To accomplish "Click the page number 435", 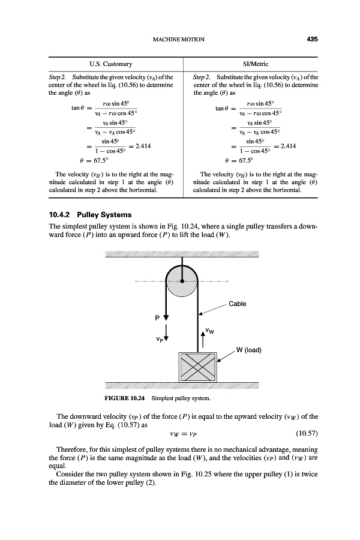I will [311, 40].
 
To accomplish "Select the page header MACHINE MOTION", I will [179, 40].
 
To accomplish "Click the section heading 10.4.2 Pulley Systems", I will [90, 214].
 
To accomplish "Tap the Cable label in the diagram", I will [238, 304].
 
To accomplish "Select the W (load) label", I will [250, 350].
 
